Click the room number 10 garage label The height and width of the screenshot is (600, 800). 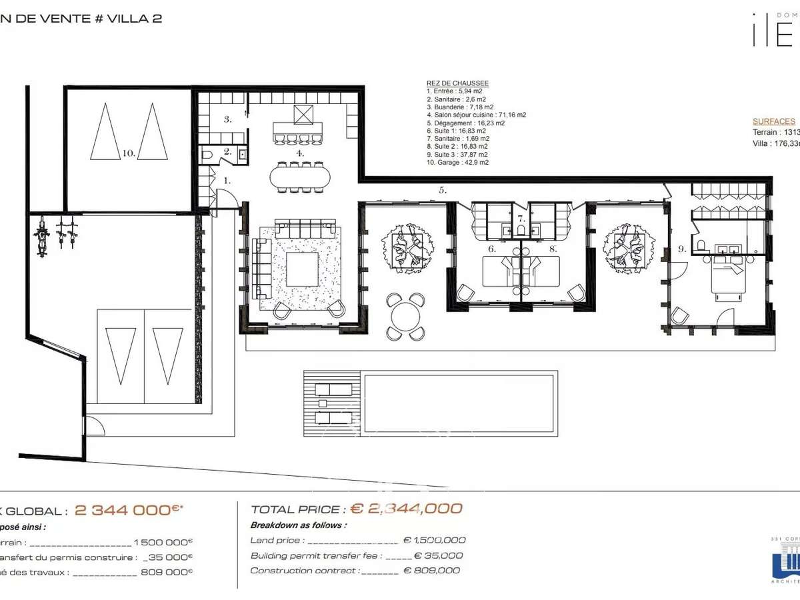[129, 153]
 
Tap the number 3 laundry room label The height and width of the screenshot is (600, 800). [227, 120]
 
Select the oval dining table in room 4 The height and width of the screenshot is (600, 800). [300, 177]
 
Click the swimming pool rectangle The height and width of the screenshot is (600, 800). [459, 404]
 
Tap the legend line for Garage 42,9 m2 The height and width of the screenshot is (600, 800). [457, 162]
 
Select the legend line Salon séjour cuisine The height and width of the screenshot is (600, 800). [476, 115]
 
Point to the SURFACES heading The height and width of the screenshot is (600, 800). [773, 121]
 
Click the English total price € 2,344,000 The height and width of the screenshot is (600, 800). [406, 509]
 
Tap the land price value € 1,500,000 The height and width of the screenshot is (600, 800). [434, 541]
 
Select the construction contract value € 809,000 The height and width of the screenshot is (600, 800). [431, 571]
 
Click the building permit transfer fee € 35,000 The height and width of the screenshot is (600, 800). [438, 555]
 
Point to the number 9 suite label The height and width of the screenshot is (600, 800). [681, 249]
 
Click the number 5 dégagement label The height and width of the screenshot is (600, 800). [442, 190]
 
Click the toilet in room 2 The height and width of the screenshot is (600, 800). [208, 155]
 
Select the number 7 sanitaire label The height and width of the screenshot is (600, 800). [521, 219]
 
